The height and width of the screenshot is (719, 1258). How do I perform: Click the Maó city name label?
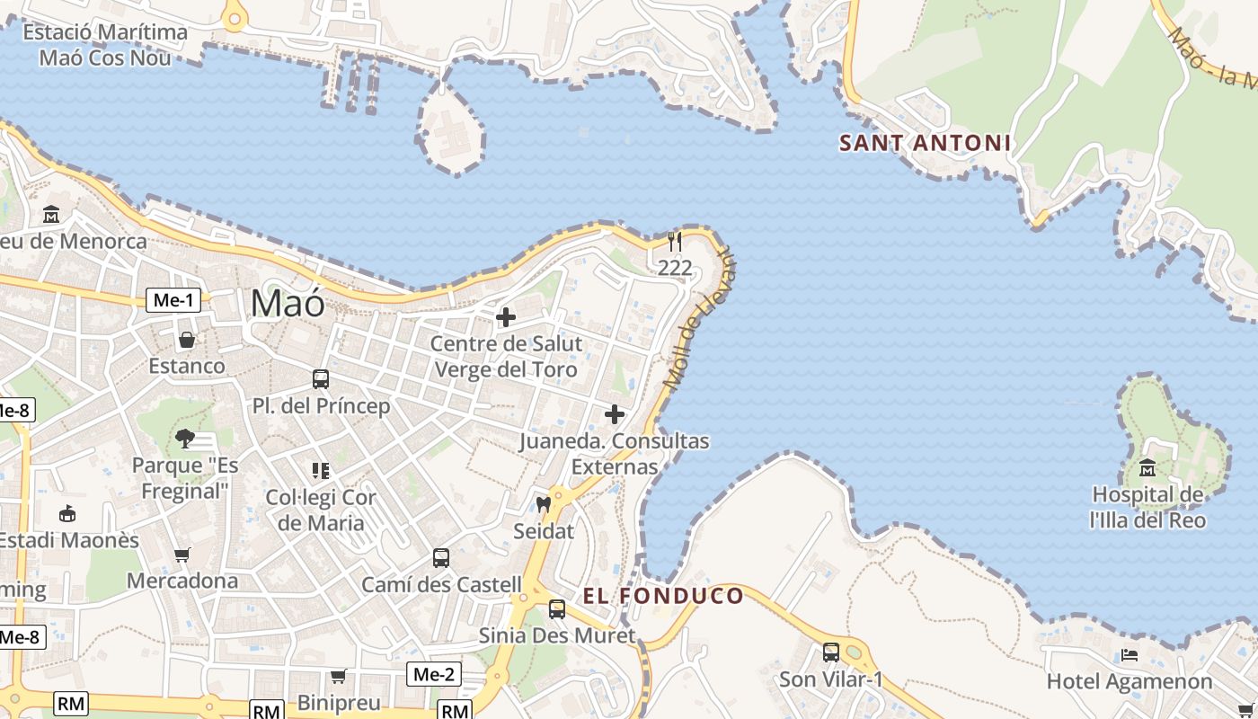288,304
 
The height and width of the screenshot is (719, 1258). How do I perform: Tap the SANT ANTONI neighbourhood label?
925,143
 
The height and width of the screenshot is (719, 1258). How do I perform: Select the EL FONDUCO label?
663,596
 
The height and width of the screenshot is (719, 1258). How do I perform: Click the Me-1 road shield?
173,301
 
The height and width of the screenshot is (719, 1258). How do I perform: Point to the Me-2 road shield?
434,674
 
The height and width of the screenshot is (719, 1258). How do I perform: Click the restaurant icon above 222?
675,242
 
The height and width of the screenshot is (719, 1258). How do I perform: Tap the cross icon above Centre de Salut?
506,317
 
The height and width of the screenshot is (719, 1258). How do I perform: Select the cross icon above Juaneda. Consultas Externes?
615,414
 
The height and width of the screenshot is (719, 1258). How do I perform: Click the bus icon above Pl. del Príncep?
321,379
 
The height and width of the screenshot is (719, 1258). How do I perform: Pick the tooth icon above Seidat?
543,504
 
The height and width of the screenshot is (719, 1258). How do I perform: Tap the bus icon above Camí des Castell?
441,558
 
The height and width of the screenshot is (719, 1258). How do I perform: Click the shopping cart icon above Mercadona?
182,555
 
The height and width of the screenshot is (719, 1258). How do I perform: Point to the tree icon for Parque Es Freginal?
185,439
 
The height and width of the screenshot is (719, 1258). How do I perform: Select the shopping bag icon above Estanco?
187,340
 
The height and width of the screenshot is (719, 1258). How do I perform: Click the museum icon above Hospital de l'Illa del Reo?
1147,468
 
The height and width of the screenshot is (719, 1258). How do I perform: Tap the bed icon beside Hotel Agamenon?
1130,655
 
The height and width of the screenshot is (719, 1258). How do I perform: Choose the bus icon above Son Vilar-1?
831,652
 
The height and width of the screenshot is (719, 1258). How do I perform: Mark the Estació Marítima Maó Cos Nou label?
105,45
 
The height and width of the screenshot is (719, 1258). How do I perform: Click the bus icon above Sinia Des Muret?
557,609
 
